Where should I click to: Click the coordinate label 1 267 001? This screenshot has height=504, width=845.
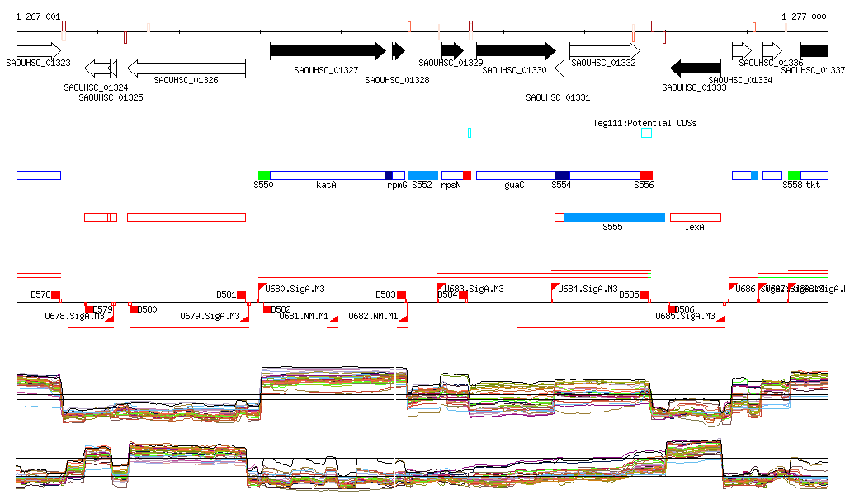[x=38, y=16]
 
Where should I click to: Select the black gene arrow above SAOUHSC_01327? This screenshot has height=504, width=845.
[x=327, y=51]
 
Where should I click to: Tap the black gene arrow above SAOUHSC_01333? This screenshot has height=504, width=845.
[x=696, y=68]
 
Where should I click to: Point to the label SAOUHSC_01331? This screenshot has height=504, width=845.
[x=558, y=97]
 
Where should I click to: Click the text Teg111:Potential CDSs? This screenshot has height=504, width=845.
[x=644, y=123]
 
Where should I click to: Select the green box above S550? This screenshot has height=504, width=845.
[x=264, y=175]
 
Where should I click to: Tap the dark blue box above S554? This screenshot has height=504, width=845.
[x=562, y=175]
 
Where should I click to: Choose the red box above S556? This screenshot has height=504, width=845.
[x=645, y=175]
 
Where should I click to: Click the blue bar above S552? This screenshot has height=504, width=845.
[x=423, y=175]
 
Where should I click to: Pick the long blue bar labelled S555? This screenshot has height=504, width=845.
[x=614, y=217]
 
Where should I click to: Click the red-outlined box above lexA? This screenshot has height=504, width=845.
[x=695, y=217]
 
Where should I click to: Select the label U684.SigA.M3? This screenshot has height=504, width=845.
[x=588, y=289]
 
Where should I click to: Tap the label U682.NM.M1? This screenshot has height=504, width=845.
[x=373, y=316]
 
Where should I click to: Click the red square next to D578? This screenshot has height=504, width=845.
[x=55, y=294]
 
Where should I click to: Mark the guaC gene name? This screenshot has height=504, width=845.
[x=514, y=186]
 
